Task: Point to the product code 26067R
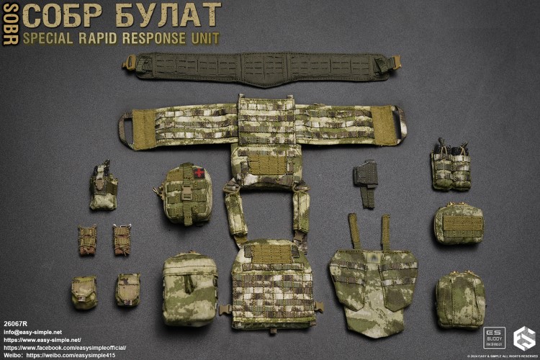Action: coord(16,323)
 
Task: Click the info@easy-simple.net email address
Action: coord(33,331)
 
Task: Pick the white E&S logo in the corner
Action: coord(523,338)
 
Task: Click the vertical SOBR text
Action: coord(9,23)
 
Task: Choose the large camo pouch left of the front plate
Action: coord(189,287)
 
